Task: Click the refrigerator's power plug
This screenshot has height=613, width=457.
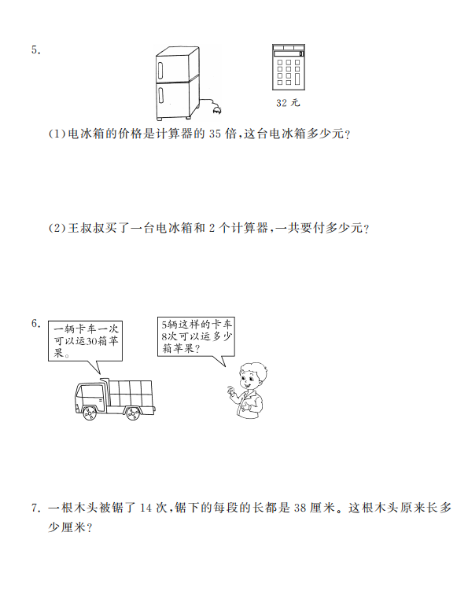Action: (217, 111)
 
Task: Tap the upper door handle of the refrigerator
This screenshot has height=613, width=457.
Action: (160, 69)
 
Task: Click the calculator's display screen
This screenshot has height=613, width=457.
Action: (289, 53)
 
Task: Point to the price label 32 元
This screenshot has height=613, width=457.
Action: (288, 103)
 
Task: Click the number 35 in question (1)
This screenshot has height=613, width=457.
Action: (215, 134)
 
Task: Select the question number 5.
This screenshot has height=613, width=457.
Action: (36, 50)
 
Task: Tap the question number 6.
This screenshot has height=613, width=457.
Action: (36, 323)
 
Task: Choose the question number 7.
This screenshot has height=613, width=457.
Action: (36, 508)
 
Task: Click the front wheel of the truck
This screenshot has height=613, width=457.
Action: (90, 413)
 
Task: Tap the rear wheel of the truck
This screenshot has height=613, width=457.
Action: (133, 413)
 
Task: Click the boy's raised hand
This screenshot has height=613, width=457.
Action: (231, 391)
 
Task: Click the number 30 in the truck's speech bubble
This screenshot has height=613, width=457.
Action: (91, 341)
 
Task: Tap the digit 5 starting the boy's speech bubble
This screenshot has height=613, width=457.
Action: (164, 325)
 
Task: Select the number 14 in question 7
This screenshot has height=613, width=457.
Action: (146, 508)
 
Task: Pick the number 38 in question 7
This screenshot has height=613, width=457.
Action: (300, 508)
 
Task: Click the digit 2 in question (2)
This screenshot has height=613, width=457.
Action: (212, 228)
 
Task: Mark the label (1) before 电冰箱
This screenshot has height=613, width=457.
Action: (57, 134)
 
